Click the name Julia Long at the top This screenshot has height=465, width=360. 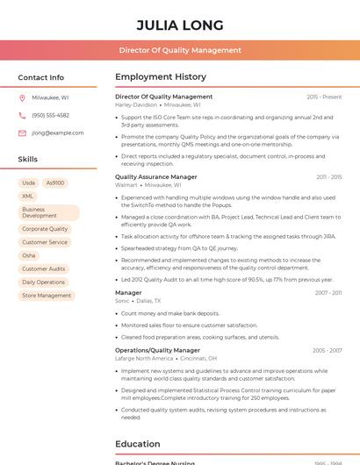click(x=180, y=25)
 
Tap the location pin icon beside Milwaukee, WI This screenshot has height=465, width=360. click(x=22, y=98)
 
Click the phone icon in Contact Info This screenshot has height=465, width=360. click(x=22, y=116)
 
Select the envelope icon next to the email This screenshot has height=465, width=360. click(x=22, y=133)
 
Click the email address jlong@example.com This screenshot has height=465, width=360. click(x=58, y=133)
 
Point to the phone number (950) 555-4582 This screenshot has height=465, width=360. click(x=51, y=116)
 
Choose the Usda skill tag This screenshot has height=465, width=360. click(x=29, y=183)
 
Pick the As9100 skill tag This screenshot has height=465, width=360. click(x=54, y=183)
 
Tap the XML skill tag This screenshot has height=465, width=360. click(x=28, y=197)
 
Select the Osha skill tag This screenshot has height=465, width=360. click(x=29, y=255)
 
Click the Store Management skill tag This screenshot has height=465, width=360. click(x=47, y=296)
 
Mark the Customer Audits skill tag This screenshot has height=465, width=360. click(x=44, y=269)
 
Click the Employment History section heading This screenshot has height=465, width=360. click(x=161, y=77)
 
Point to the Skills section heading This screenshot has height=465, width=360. click(x=28, y=160)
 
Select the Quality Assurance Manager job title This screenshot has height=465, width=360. click(x=156, y=177)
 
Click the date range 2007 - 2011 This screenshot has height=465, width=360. click(x=328, y=293)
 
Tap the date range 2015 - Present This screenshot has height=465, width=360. click(x=324, y=97)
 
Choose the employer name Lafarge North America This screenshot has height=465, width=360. click(x=144, y=359)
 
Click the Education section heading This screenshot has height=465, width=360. click(x=138, y=444)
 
